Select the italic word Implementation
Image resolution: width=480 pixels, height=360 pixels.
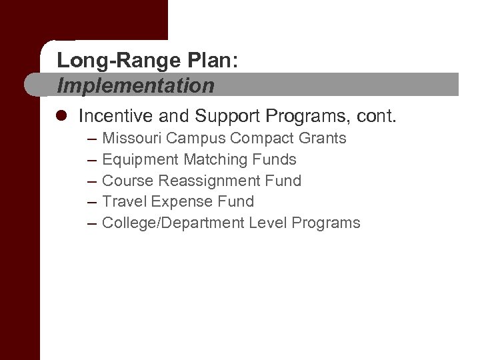[136, 85]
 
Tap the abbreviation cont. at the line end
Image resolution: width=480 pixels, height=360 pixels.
[377, 117]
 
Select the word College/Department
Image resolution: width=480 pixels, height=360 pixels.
[173, 223]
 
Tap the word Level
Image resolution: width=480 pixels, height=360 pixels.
[268, 223]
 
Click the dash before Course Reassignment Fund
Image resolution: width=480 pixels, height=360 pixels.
[91, 181]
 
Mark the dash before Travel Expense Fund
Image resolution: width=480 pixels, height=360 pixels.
[91, 201]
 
